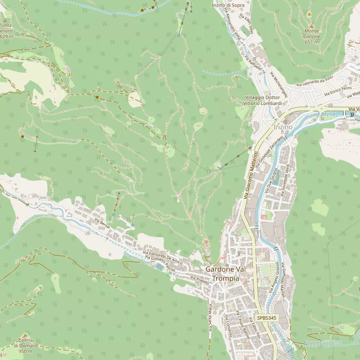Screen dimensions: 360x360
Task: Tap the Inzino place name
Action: pos(283,127)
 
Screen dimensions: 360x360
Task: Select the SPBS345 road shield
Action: pos(267,318)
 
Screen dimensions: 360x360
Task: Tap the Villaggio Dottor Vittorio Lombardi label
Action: pos(263,100)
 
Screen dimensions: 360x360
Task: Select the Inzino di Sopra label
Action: pos(228,5)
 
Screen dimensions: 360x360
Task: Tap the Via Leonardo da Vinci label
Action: pos(314,82)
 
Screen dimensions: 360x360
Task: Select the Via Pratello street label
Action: pos(199,280)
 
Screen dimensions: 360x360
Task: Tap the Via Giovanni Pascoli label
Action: pos(159,264)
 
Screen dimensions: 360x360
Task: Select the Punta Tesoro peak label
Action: pos(6,31)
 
